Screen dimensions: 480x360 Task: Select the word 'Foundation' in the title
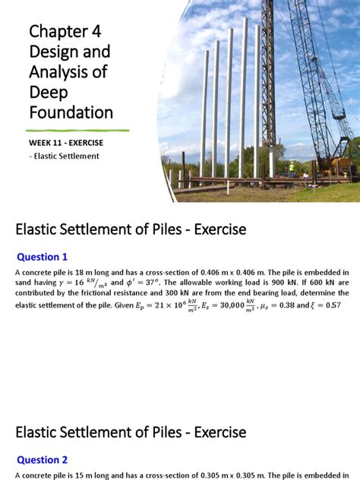coord(71,113)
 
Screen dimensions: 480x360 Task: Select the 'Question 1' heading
coord(43,257)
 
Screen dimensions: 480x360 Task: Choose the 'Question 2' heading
coord(43,459)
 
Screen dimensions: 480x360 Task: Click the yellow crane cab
coord(341,163)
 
